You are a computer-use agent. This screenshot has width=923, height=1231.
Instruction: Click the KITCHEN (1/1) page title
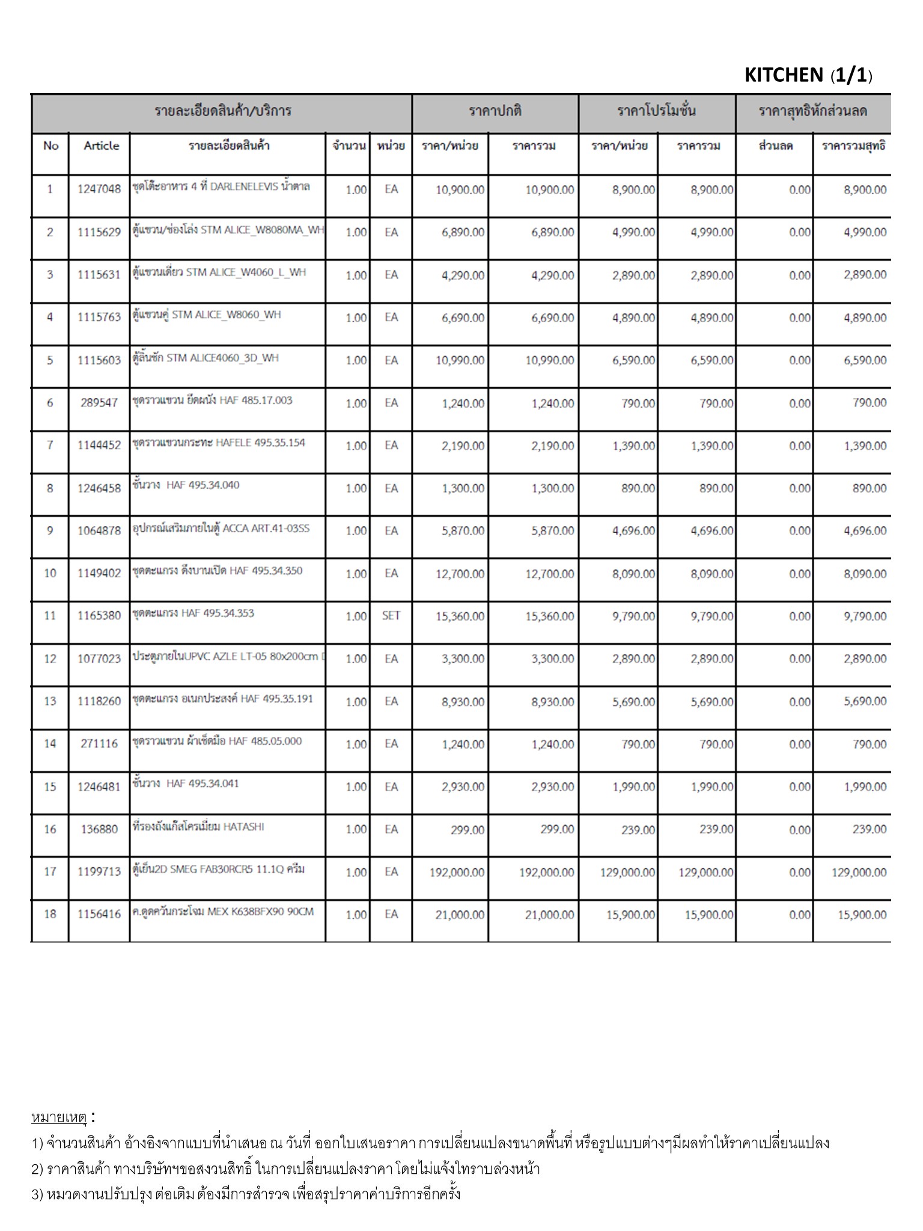[x=808, y=75]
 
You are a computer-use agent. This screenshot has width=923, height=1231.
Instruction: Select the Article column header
[x=101, y=145]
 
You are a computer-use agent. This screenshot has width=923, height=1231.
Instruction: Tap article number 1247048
[x=99, y=189]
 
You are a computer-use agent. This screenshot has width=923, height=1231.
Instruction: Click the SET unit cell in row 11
[x=391, y=615]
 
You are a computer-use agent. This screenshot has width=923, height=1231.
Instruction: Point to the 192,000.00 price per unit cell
[x=457, y=872]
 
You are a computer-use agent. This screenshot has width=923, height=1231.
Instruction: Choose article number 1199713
[x=99, y=872]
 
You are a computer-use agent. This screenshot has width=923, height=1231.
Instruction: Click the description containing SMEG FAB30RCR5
[x=219, y=869]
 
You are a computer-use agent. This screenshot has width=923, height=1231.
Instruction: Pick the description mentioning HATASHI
[x=198, y=826]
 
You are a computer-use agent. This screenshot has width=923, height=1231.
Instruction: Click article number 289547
[x=99, y=403]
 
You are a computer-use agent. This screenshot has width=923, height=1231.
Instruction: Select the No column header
[x=50, y=145]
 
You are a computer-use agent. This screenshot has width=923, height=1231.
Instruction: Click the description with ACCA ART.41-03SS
[x=221, y=528]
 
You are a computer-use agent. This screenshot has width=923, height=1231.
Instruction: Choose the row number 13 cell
[x=50, y=701]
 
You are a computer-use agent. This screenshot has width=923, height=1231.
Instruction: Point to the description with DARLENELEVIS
[x=221, y=186]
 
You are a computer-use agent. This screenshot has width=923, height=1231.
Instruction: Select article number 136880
[x=99, y=829]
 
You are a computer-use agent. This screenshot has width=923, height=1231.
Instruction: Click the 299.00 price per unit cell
[x=467, y=829]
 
